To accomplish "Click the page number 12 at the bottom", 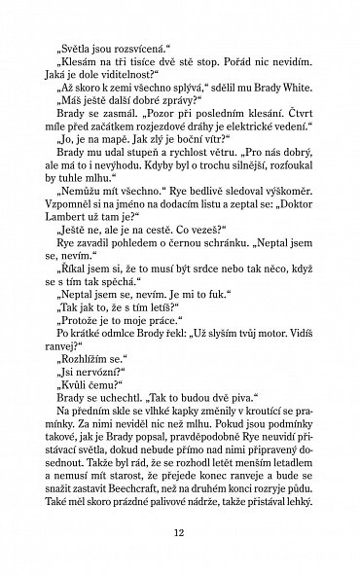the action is [x=179, y=532].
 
